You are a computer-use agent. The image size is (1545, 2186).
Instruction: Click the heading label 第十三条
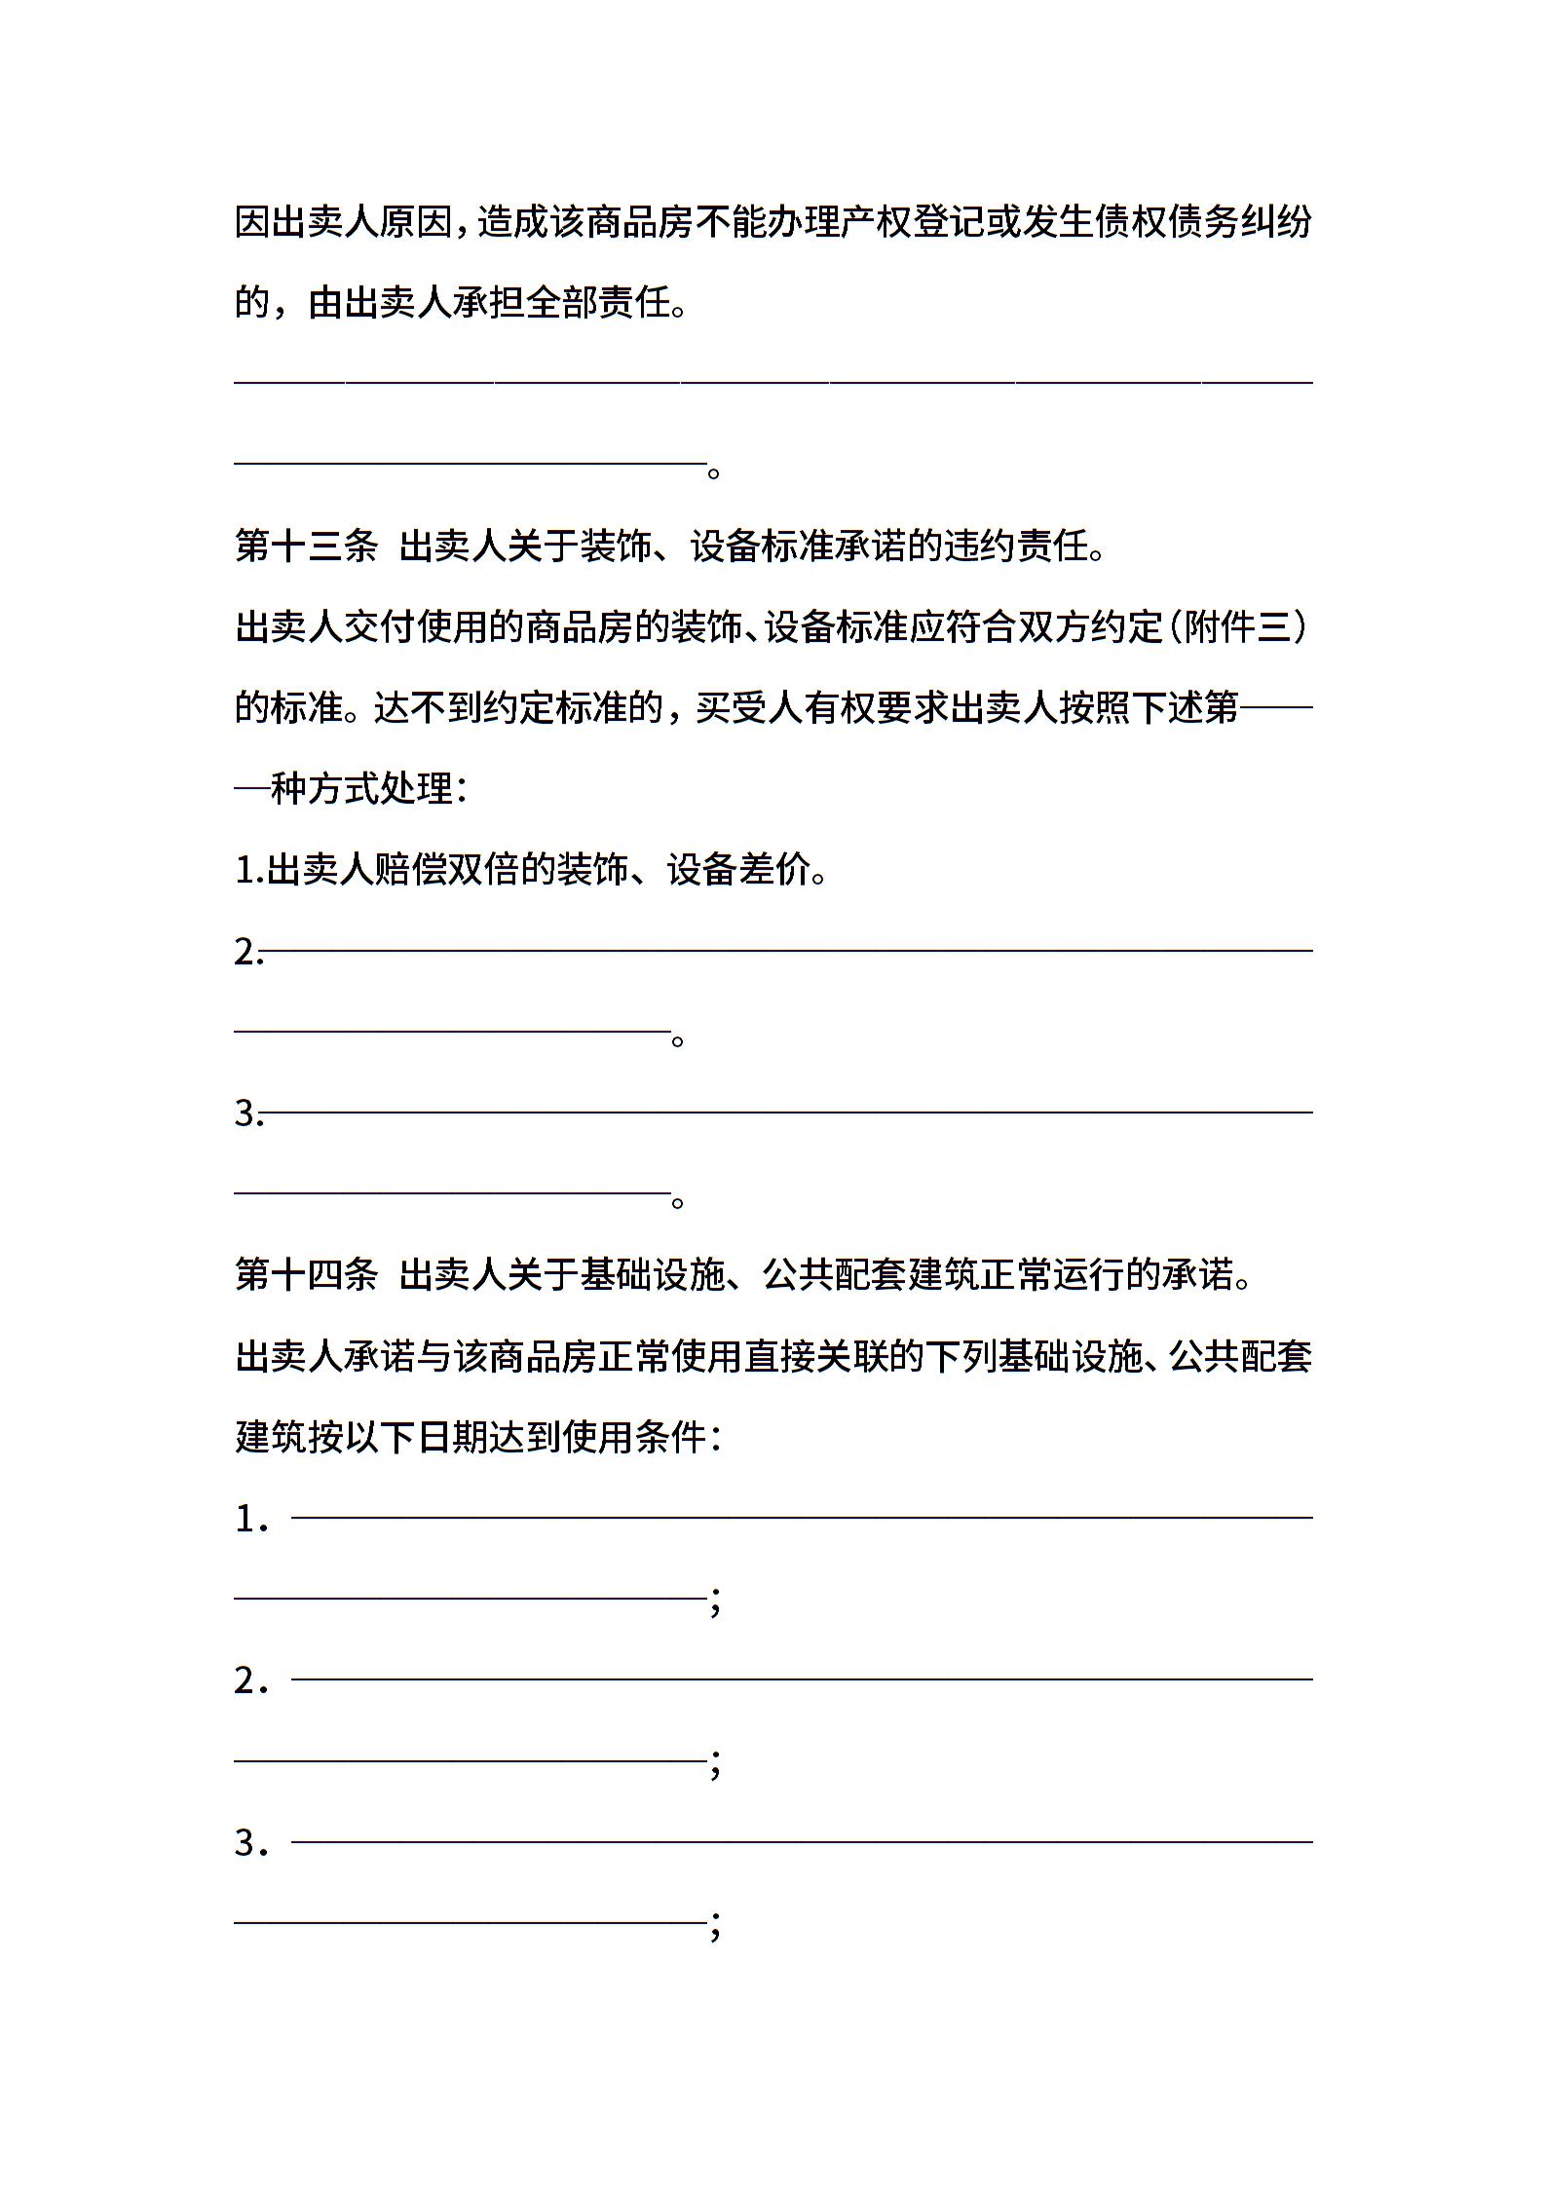click(306, 546)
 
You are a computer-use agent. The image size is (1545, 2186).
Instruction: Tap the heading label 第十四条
click(306, 1274)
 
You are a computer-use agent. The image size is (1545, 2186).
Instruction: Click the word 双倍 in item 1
click(482, 870)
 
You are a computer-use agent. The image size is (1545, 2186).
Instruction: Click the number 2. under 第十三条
click(248, 952)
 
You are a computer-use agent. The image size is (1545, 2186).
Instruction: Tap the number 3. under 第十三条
click(248, 1113)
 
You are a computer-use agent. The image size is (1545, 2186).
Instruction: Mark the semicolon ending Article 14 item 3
click(716, 1927)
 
